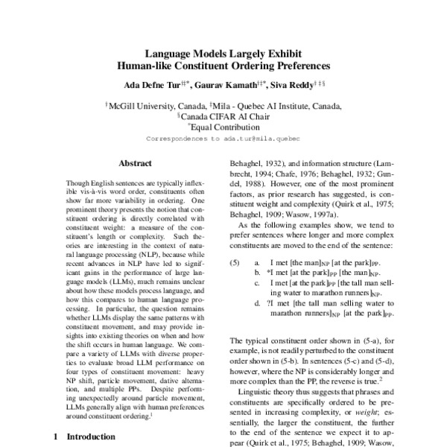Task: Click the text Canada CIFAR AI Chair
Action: (x=226, y=116)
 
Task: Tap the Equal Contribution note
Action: (x=225, y=127)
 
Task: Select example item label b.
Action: (x=257, y=274)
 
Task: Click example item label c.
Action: (x=257, y=285)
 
